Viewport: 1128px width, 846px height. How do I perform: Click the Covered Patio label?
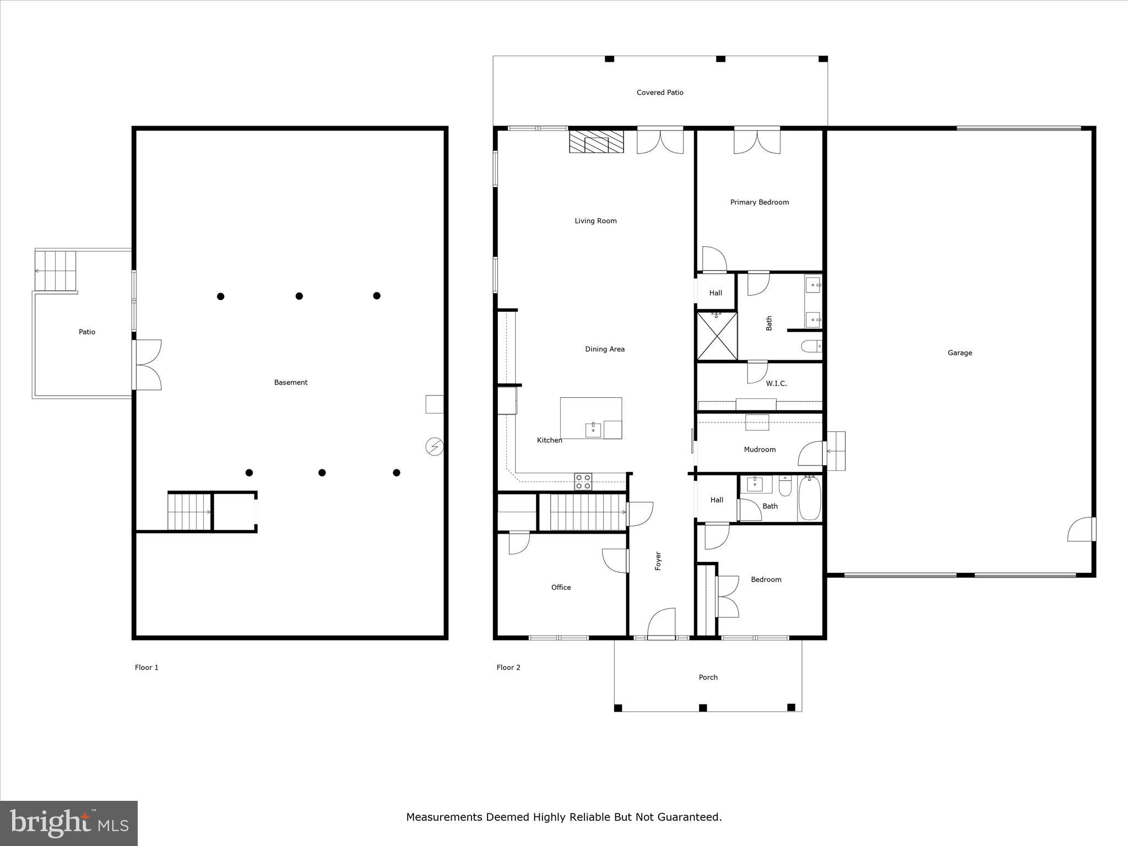pos(660,93)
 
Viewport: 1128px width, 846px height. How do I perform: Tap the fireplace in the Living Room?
pos(596,142)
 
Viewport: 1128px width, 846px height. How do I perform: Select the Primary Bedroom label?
pos(759,202)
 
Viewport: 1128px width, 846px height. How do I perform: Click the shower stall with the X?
pos(717,336)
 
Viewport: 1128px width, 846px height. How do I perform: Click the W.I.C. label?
pos(776,383)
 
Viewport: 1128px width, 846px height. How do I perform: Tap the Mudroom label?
pos(759,449)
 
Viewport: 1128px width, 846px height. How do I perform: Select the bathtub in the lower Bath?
pos(809,499)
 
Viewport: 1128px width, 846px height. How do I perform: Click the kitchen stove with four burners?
pos(583,481)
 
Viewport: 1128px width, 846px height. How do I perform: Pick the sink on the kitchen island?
pos(593,430)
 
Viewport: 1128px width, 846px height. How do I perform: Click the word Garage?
pos(959,353)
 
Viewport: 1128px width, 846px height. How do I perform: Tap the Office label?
pos(561,588)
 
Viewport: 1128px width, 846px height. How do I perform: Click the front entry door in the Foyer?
pos(661,625)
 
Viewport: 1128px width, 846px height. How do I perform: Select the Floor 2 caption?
pos(508,668)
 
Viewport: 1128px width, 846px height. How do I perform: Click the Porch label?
pos(708,677)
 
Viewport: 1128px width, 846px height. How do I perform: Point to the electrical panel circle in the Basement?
pos(435,447)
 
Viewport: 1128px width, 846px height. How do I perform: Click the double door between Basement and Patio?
pos(147,365)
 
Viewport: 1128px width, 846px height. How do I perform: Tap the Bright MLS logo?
pos(69,823)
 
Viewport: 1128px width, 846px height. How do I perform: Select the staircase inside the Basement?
pos(189,512)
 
